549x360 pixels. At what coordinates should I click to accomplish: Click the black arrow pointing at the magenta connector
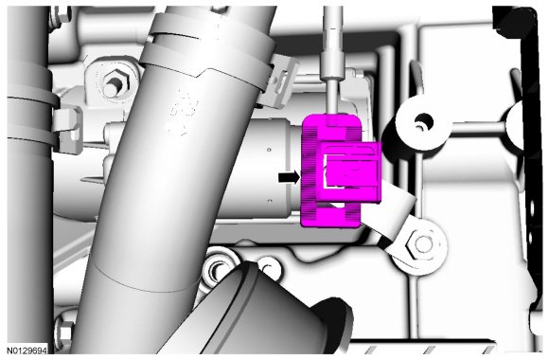pyautogui.click(x=290, y=177)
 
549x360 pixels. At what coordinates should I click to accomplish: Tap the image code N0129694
pyautogui.click(x=27, y=351)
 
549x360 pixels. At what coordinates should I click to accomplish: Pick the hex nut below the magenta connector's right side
pyautogui.click(x=421, y=244)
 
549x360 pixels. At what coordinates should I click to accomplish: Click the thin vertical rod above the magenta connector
pyautogui.click(x=332, y=60)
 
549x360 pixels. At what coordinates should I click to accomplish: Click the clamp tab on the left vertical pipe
pyautogui.click(x=67, y=130)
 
